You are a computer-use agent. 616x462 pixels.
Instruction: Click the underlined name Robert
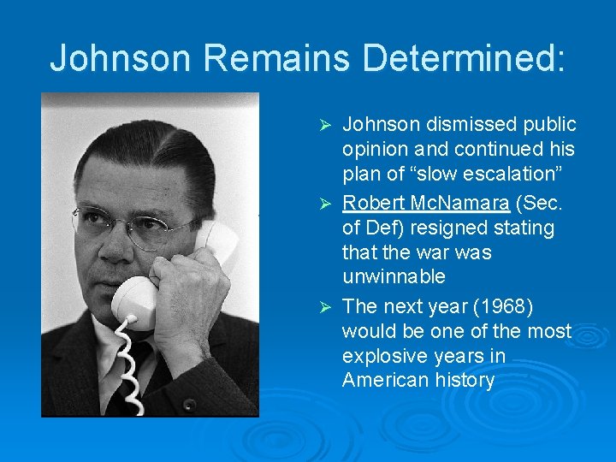click(x=373, y=204)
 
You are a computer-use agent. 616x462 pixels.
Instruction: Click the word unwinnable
click(x=394, y=276)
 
